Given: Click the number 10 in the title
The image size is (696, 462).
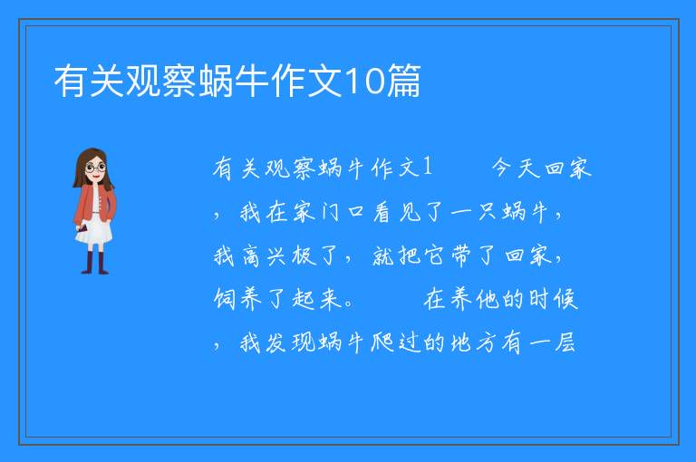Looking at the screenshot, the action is click(x=363, y=82).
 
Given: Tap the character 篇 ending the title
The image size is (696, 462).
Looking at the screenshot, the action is click(x=403, y=81).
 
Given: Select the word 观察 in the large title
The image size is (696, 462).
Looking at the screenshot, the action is click(x=159, y=81).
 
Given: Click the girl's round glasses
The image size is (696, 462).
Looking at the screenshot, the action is click(x=96, y=168).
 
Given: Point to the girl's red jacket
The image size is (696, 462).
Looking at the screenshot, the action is click(x=94, y=203).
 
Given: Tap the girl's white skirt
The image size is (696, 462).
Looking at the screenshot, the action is click(x=94, y=230).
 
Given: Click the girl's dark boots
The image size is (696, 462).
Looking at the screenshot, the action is click(x=94, y=263).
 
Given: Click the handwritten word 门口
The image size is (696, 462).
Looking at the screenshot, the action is click(x=343, y=212).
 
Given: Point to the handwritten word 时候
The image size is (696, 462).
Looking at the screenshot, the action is click(x=553, y=299).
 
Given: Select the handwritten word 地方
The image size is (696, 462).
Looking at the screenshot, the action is click(x=474, y=342).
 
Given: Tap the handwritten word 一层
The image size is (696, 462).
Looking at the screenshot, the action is click(x=552, y=342).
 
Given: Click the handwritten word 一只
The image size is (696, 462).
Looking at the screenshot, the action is click(x=474, y=212).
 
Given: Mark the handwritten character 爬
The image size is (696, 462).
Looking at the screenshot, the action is click(x=382, y=342).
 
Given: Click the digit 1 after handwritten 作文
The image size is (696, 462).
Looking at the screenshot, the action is click(x=428, y=167).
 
